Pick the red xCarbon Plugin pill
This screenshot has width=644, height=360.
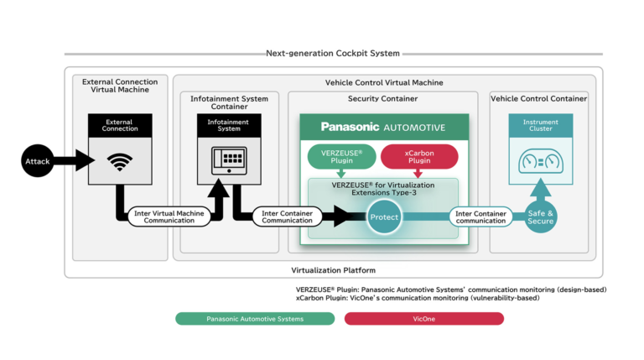(418, 156)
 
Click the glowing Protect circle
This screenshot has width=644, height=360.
(383, 217)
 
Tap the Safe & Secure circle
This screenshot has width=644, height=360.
(540, 217)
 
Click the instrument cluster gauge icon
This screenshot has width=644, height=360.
(540, 161)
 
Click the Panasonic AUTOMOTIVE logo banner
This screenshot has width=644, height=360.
(382, 127)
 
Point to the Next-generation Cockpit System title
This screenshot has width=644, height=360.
(333, 54)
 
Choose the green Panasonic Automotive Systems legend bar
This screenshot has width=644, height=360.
(255, 319)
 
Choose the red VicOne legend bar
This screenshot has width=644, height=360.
(423, 319)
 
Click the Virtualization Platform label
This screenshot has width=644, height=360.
(333, 269)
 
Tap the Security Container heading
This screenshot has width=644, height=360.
(382, 98)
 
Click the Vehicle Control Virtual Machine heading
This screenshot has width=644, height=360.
(384, 82)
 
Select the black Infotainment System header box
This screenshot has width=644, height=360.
(229, 125)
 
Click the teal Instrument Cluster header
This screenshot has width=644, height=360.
(540, 125)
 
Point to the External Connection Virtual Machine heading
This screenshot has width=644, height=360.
(116, 86)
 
